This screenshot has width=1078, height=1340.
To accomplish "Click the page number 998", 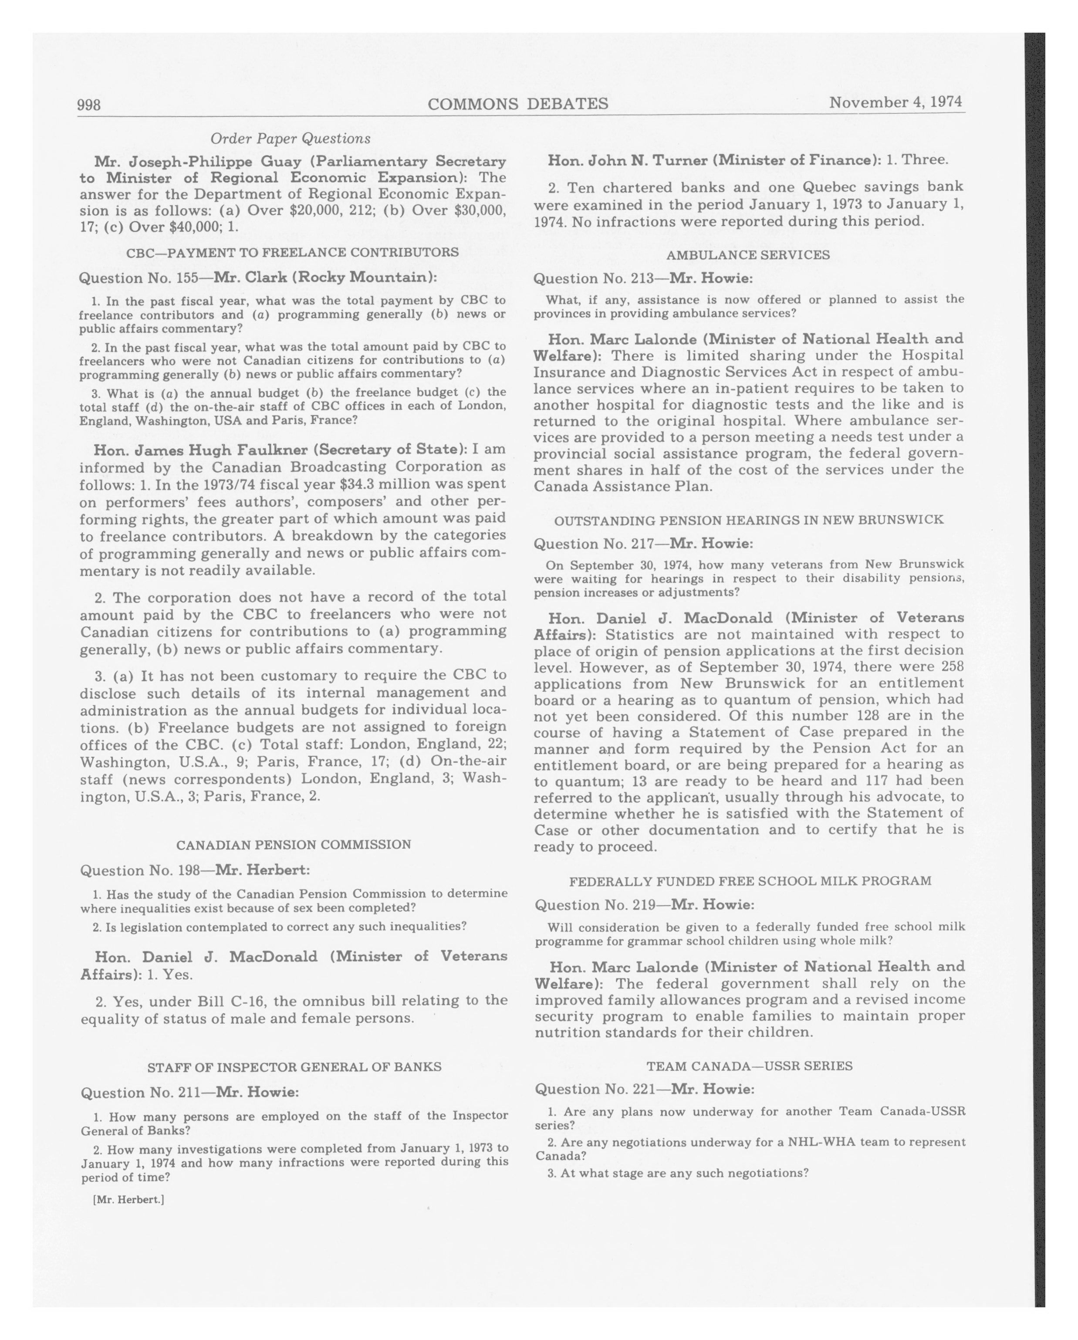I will pos(89,105).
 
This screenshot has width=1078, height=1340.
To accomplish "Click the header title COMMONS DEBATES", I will pos(517,104).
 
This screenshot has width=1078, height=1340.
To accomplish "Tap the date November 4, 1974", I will pos(896,102).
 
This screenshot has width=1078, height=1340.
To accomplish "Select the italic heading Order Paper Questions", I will pos(290,138).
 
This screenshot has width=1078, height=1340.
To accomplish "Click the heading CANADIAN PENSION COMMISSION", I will pos(293,845).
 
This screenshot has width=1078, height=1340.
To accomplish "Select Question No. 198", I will pos(139,870).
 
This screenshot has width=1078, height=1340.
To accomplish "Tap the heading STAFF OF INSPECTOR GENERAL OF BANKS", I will pos(294,1067).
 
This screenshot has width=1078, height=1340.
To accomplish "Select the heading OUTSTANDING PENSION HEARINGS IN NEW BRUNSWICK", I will pos(749,520).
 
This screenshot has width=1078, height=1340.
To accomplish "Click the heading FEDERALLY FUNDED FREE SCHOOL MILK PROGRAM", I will pos(750,881).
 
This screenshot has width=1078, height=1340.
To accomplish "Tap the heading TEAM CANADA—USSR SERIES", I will pos(749,1066).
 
